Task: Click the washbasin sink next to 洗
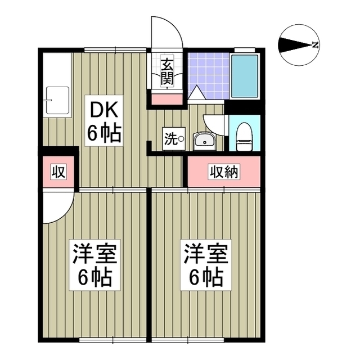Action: coord(204,140)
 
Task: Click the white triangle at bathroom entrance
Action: coord(196,94)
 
